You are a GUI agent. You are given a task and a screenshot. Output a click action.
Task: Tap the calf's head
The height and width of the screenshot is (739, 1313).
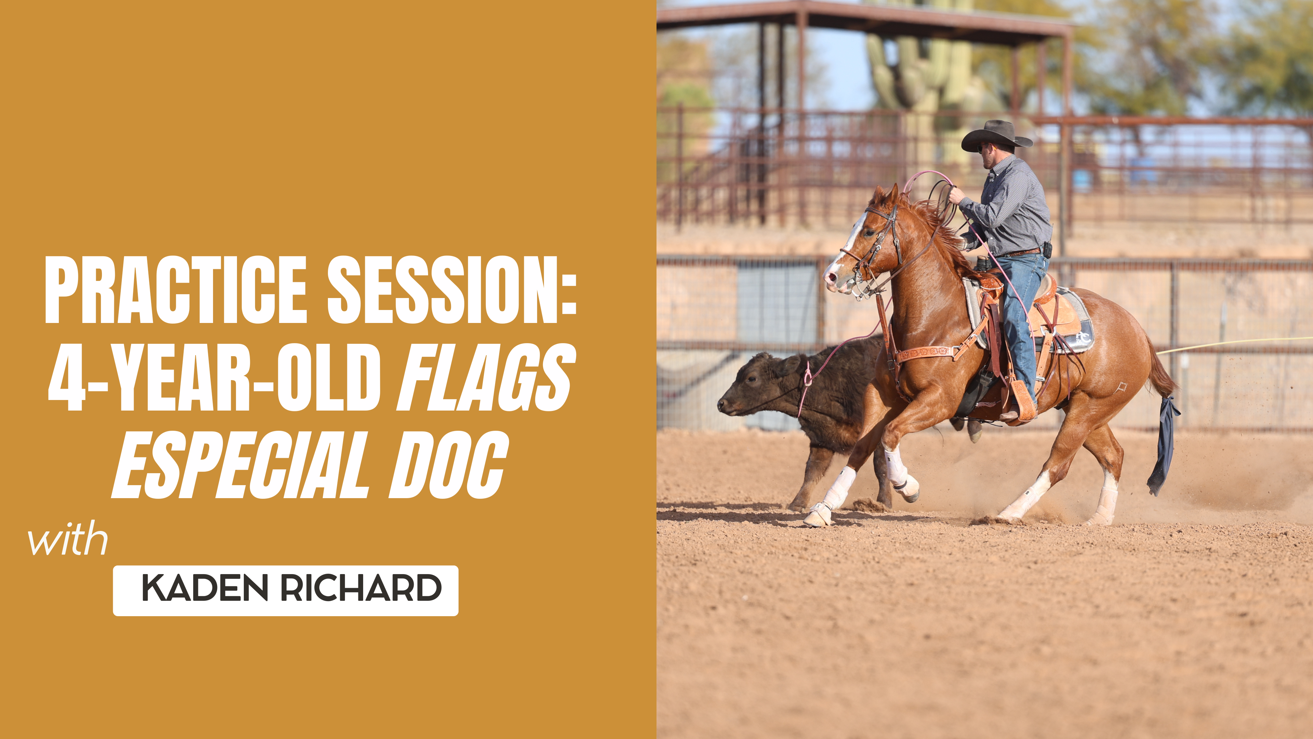(x=749, y=388)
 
